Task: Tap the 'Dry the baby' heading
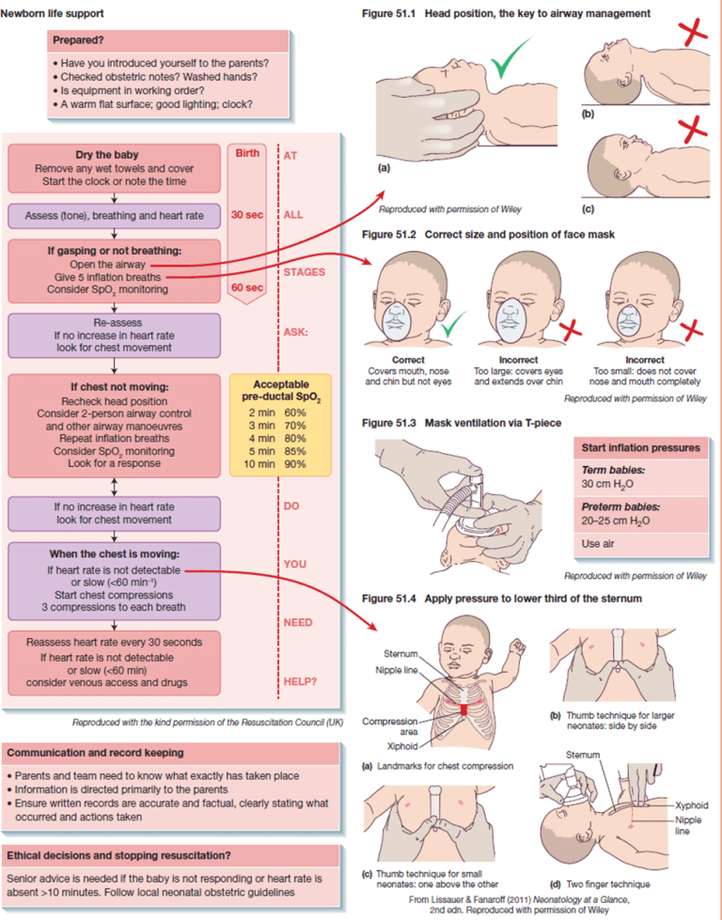pos(113,155)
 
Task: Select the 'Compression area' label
pos(387,727)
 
